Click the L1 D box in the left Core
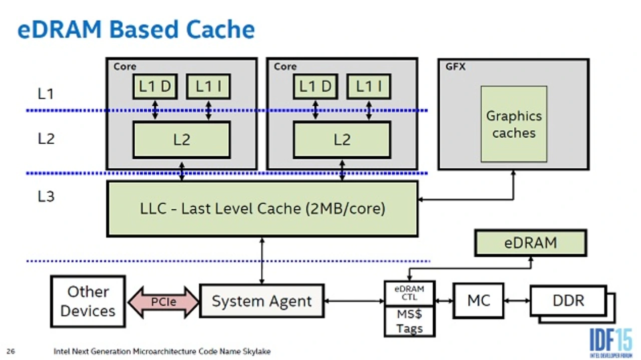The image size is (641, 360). coord(155,87)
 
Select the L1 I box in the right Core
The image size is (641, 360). coord(369,87)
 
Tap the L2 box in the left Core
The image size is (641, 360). coord(181,140)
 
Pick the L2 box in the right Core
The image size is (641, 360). coord(342,140)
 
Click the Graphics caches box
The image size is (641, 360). coord(514,124)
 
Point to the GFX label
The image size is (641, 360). coord(455,67)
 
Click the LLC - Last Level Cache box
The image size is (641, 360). coord(262,208)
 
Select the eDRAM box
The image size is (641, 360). coord(530,243)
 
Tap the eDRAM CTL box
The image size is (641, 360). coord(409,293)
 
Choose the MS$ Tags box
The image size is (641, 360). coord(409,321)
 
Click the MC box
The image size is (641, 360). coord(478,300)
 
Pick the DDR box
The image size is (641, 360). coord(568,301)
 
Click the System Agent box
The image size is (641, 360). coord(261,301)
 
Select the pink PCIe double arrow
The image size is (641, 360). coord(164,302)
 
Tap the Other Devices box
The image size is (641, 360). coord(88,301)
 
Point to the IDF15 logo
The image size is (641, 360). coord(610,342)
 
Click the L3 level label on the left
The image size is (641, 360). coord(46,197)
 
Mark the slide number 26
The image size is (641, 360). coord(11,351)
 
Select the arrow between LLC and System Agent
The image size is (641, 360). coord(262,260)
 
